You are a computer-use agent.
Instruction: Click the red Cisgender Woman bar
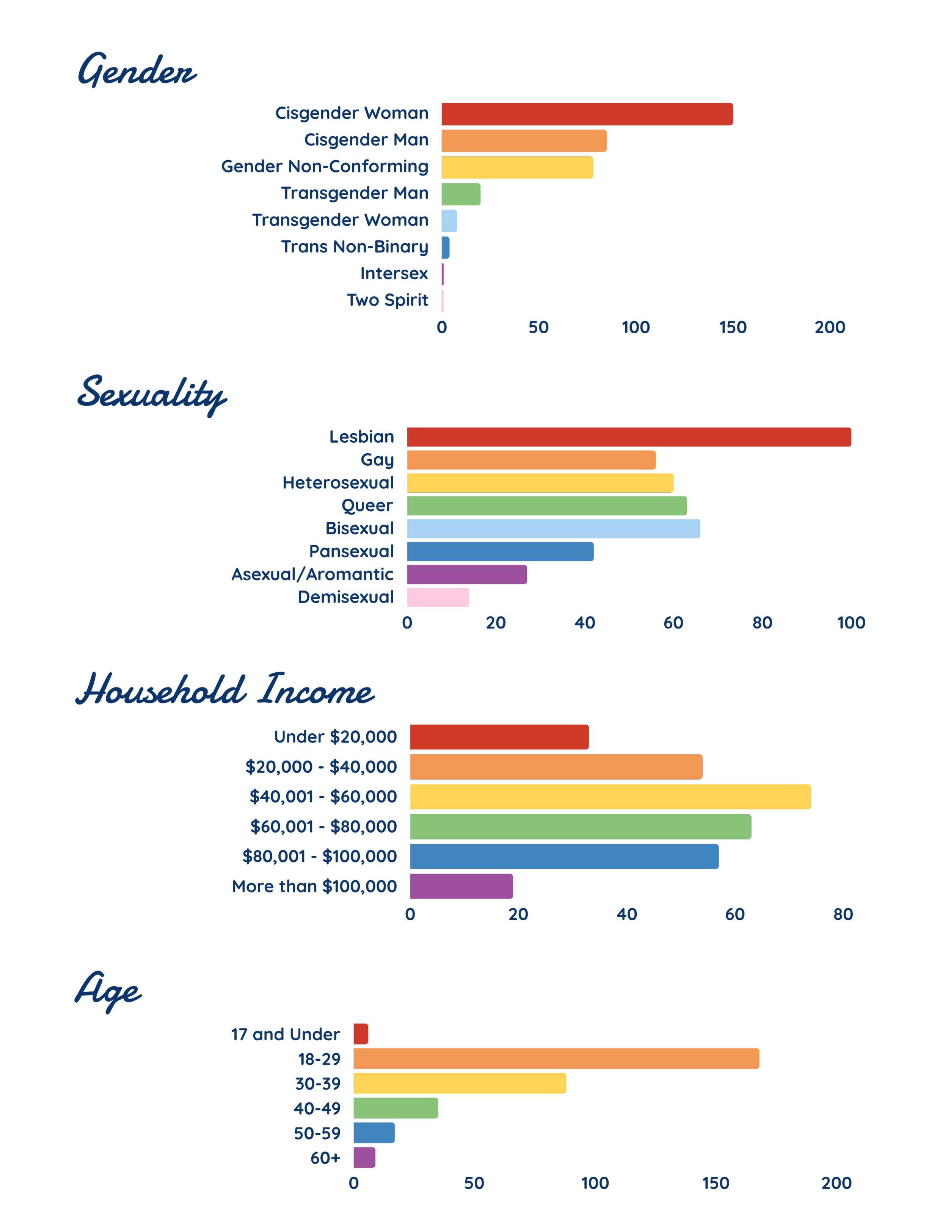tap(587, 114)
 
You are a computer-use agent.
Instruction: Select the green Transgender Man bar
tap(460, 194)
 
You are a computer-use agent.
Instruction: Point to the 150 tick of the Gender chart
tap(732, 328)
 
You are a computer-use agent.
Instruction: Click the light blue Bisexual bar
tap(553, 529)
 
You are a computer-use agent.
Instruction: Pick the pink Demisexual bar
tap(438, 597)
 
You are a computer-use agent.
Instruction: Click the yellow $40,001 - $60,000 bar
tap(610, 797)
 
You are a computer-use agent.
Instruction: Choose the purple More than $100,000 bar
tap(461, 886)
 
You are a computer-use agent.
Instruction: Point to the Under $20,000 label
tap(335, 737)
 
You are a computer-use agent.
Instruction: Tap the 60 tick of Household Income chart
tap(735, 914)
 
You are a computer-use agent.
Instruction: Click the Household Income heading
tap(224, 691)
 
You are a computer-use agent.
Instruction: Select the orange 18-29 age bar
tap(556, 1059)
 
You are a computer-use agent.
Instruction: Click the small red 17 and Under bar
tap(361, 1034)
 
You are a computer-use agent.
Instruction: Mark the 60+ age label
tap(325, 1157)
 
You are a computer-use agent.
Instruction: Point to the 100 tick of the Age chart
tap(595, 1183)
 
